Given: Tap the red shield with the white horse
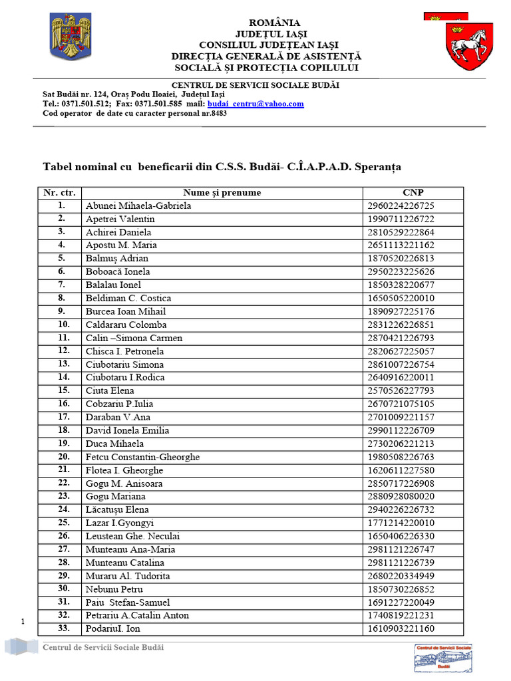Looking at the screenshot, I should (x=468, y=45).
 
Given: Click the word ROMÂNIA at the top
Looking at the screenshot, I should (x=275, y=23).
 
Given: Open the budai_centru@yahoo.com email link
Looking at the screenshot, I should (x=255, y=104).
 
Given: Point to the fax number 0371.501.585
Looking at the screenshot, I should (x=160, y=104).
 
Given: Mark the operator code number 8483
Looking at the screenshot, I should (x=217, y=113).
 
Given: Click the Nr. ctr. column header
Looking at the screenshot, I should (x=60, y=193).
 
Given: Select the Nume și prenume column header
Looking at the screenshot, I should (x=222, y=193).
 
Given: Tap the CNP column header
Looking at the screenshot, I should (x=413, y=193).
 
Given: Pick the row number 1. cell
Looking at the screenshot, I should (x=61, y=205).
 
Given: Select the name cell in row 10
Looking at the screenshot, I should (x=126, y=325).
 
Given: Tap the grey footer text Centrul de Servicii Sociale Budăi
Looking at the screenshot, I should (x=102, y=648).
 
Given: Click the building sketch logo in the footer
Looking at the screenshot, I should (x=443, y=658).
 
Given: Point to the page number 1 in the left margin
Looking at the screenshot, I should (x=23, y=622).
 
